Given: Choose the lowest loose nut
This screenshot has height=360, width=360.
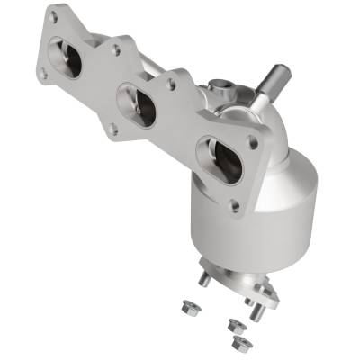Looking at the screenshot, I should coord(239,343).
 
